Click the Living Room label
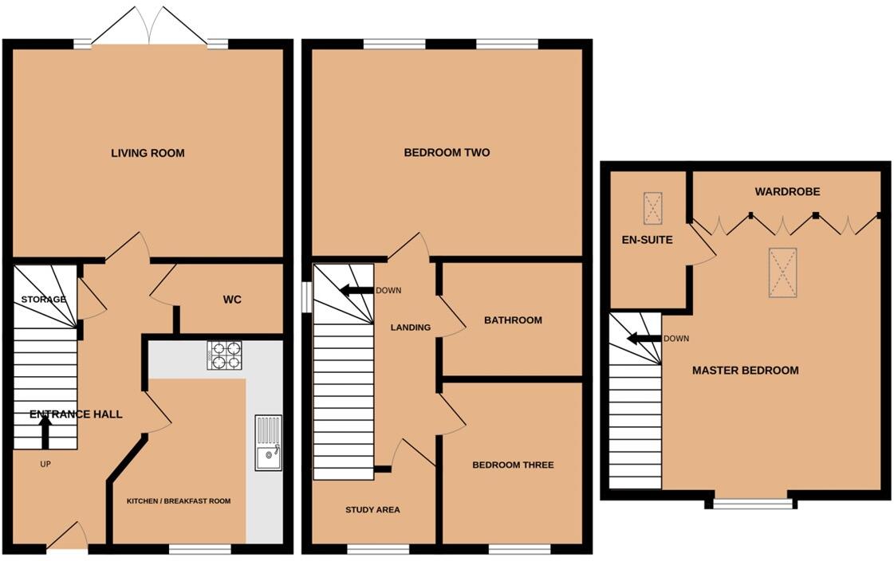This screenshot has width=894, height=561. [x=148, y=153]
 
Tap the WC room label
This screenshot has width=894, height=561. [x=231, y=300]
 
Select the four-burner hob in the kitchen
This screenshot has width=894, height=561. [x=224, y=355]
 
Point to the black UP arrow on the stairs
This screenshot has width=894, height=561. [x=45, y=433]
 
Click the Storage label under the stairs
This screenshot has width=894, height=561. [x=44, y=300]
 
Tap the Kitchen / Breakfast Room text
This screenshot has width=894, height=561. [x=179, y=501]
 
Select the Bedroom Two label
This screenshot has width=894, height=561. [x=447, y=153]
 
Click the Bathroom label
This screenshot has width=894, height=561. [x=513, y=320]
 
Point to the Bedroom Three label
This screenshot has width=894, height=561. [x=513, y=465]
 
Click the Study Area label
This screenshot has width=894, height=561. [x=372, y=510]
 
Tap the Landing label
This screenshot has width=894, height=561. [x=410, y=328]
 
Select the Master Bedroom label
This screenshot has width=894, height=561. [x=745, y=371]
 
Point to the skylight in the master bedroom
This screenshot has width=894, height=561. [x=782, y=273]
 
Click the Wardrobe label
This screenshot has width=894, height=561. [x=787, y=192]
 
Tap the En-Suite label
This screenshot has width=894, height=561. [x=647, y=240]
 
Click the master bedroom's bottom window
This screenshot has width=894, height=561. [x=750, y=503]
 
